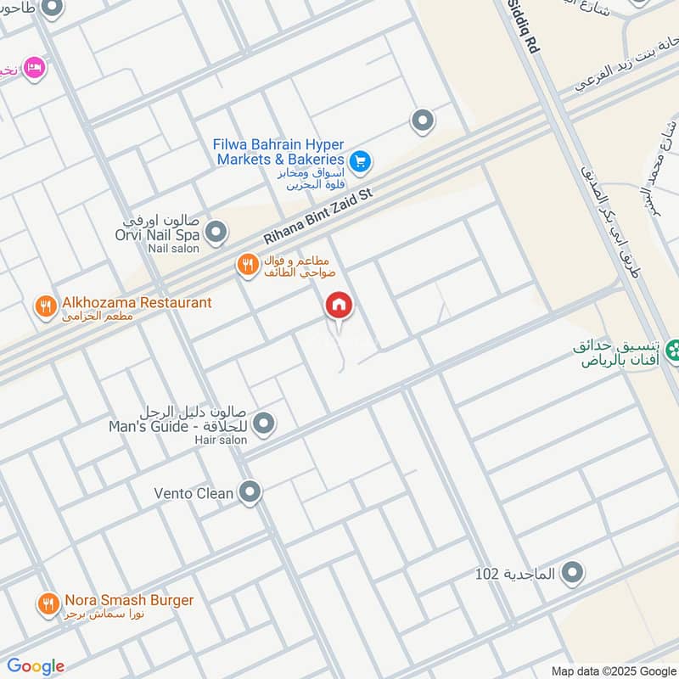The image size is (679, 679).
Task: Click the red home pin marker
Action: coord(339,306)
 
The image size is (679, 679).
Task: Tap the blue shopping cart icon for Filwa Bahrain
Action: coord(359,160)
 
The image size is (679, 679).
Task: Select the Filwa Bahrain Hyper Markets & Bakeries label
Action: coord(278,152)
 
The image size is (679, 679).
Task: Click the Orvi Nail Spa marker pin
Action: coord(216,231)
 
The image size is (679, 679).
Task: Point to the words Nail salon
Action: coord(173,249)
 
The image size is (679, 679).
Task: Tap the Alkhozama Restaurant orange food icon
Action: coord(46,305)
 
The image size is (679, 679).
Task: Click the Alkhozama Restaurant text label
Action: coord(135,302)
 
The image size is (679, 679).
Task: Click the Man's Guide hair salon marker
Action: coord(264,422)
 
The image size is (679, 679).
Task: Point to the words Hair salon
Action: coord(221,440)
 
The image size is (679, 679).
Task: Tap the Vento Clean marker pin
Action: coord(250,491)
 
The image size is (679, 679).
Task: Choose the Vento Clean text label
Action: coord(194,492)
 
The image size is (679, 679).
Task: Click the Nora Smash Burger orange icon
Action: coord(47,603)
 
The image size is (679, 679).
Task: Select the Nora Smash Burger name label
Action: coord(127,601)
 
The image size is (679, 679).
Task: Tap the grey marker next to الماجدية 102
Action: coord(573,573)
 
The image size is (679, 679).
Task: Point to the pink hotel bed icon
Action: coord(35,66)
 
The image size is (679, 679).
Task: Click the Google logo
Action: coord(35,666)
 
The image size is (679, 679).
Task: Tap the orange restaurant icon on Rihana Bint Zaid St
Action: coord(247,266)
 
